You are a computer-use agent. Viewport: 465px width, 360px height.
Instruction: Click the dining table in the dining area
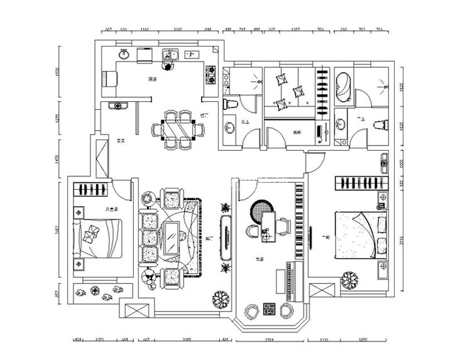point(178,130)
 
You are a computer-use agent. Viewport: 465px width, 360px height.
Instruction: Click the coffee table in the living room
point(170,239)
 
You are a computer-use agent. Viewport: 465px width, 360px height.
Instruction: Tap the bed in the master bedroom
point(361,235)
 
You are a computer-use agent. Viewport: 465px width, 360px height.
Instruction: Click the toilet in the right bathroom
point(379,124)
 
